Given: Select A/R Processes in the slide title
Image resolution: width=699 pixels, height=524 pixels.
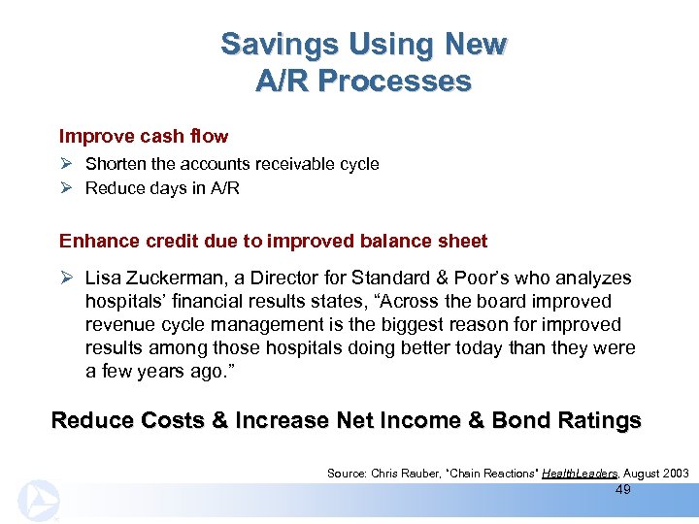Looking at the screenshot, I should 363,82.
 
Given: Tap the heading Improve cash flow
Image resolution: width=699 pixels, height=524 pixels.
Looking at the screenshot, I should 144,136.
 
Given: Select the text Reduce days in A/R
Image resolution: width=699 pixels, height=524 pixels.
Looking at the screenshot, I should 162,188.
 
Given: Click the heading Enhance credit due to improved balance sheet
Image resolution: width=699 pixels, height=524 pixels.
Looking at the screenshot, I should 273,241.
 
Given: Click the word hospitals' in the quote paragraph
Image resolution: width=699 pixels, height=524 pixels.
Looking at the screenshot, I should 121,302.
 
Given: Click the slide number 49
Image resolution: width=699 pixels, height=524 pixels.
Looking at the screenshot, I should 623,490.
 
